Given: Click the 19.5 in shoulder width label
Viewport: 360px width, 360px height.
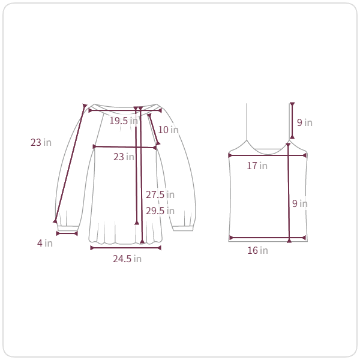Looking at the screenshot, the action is coord(124,121).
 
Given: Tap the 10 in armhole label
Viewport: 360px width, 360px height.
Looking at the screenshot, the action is coord(168,130).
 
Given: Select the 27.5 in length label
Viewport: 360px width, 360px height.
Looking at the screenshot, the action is coord(160,194).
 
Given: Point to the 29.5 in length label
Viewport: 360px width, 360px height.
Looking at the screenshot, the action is coord(160,211).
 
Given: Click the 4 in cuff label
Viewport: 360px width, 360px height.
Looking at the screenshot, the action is coord(45,243).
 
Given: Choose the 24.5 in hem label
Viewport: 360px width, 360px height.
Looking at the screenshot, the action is coord(127,259).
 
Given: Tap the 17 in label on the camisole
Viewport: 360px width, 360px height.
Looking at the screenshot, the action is coord(257,166).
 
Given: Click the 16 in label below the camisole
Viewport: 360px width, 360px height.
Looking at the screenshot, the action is coord(257,250).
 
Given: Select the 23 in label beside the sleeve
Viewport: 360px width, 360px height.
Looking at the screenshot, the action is coord(41,142).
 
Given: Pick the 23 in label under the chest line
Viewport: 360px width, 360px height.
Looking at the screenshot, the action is coord(124,157).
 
